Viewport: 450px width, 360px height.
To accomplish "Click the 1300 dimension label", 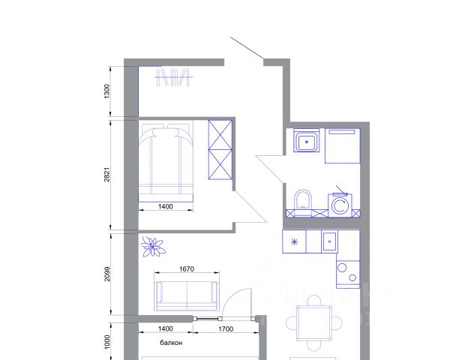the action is click(106, 91).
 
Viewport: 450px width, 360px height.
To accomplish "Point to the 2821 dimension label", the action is click(106, 174).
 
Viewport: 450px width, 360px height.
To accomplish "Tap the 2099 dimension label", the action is click(106, 274).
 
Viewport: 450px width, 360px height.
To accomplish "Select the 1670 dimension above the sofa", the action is click(187, 269).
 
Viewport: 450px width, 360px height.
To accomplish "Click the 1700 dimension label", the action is click(226, 329).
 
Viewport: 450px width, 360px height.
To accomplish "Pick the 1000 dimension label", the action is click(106, 342).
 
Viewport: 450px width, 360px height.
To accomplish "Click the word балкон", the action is click(171, 343).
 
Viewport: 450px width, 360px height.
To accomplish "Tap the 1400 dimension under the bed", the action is click(166, 206).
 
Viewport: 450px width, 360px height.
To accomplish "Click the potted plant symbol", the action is click(153, 246).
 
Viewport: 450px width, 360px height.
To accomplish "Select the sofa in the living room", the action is click(187, 295).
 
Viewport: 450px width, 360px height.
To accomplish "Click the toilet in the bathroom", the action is click(303, 199).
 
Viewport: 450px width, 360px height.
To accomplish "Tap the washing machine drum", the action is click(340, 205).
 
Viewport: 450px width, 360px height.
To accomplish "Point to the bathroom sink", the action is click(307, 140).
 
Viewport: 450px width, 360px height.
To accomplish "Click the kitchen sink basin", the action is click(329, 241).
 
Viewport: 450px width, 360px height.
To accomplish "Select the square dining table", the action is click(314, 323).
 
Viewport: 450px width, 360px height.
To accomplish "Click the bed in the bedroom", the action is click(166, 163).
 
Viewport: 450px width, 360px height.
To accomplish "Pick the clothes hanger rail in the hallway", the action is click(174, 77).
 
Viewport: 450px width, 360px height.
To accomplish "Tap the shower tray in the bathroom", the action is click(343, 145).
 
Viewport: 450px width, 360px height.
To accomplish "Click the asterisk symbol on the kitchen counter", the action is click(295, 242).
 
